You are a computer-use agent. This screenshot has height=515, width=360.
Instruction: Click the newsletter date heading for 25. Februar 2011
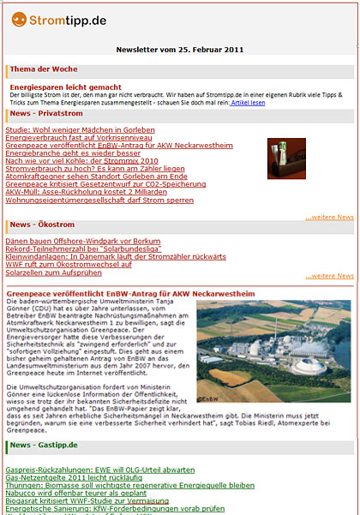[179, 50]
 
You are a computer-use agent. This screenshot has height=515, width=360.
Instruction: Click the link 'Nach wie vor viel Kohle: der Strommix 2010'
[82, 160]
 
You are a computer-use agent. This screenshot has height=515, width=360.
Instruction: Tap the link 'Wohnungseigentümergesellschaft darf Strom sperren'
[99, 200]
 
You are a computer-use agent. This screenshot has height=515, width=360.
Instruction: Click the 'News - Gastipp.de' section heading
[55, 446]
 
